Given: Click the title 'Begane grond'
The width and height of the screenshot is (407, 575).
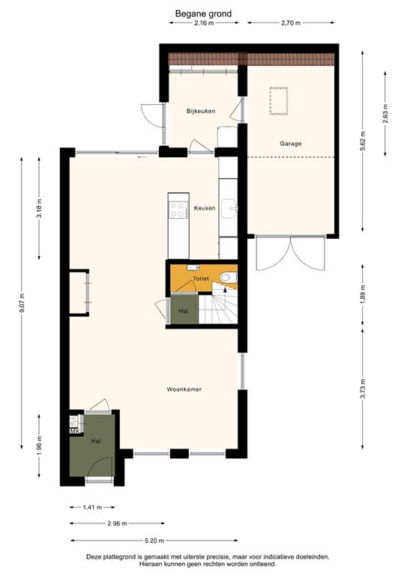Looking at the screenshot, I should click(x=203, y=13).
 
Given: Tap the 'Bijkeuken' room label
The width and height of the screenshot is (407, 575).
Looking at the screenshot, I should click(x=201, y=112).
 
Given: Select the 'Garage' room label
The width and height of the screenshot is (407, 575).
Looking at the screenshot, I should click(x=291, y=143).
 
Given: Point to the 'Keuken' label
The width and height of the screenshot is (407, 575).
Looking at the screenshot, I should click(x=205, y=208).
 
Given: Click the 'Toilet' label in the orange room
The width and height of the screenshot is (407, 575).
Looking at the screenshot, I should click(x=201, y=278).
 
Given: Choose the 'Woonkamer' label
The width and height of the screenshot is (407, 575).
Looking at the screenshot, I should click(x=184, y=389).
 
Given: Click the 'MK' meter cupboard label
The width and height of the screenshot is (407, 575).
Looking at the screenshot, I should click(x=74, y=432).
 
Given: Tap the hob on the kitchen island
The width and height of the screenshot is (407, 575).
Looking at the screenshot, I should click(x=178, y=210).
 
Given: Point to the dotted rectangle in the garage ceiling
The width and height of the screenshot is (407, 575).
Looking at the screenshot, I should click(x=279, y=101).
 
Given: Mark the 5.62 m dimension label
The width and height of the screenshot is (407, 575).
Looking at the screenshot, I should click(x=363, y=146).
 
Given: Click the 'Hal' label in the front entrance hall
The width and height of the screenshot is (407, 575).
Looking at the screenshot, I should click(x=95, y=442).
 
